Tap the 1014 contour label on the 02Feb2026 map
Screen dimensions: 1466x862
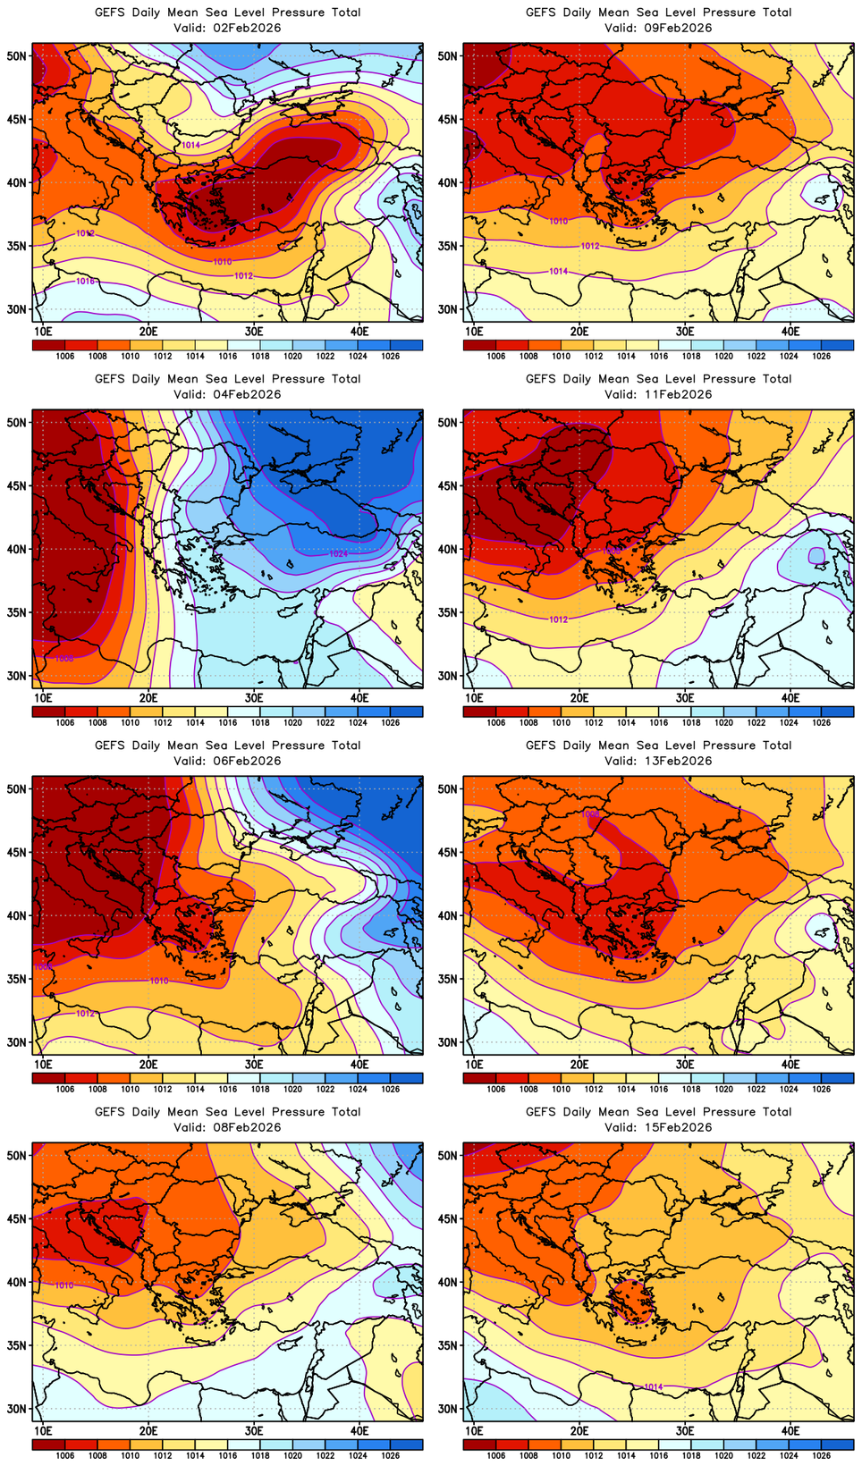(x=190, y=145)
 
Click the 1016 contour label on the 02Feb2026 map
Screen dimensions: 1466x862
(x=85, y=282)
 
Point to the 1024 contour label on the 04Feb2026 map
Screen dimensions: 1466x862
(x=338, y=554)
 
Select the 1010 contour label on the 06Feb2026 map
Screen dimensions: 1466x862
(x=158, y=982)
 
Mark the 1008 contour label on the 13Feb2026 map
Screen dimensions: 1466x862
(x=590, y=814)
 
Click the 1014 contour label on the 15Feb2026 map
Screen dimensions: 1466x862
(x=654, y=1387)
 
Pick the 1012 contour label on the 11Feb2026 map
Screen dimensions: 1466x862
(x=558, y=619)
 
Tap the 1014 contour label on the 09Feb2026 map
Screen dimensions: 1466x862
(x=558, y=271)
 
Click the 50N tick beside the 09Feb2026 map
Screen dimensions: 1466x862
(x=448, y=55)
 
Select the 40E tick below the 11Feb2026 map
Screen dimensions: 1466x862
(x=790, y=698)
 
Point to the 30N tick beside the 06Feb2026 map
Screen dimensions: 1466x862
(x=17, y=1042)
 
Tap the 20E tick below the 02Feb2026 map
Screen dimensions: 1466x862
(x=148, y=332)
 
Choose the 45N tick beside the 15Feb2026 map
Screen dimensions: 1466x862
(x=448, y=1218)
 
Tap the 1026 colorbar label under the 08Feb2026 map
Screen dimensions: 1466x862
(x=390, y=1456)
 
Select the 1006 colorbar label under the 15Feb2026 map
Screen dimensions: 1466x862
(x=496, y=1456)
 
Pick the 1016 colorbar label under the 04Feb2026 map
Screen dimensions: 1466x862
(x=228, y=723)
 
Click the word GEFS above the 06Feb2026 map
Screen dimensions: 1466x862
(x=110, y=746)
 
